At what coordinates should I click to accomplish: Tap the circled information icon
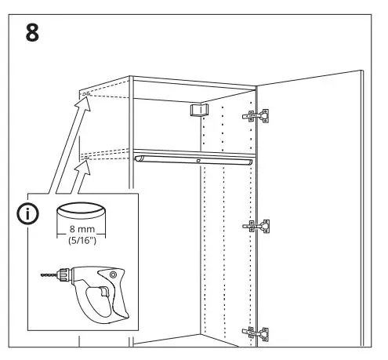coord(28,213)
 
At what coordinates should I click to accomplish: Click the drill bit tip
coord(41,275)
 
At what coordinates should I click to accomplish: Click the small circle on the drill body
coord(112,275)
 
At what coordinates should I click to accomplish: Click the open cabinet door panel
coord(314,212)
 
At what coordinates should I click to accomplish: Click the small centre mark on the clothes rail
coord(199,161)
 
